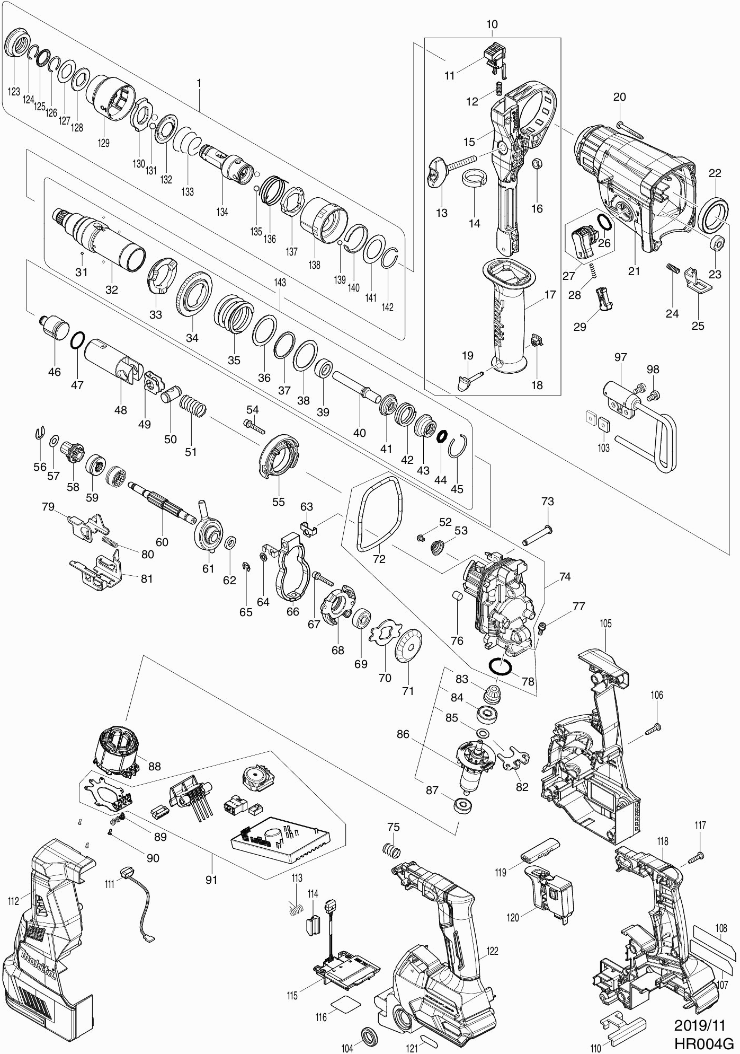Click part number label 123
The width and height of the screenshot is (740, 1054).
click(x=14, y=92)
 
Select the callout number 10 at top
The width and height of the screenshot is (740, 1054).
click(x=492, y=24)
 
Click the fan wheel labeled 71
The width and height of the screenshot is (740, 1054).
click(x=408, y=646)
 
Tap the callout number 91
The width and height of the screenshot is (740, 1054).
click(x=211, y=880)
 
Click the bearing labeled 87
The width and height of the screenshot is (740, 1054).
click(x=463, y=818)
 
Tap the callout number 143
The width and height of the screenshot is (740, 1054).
click(x=280, y=283)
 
